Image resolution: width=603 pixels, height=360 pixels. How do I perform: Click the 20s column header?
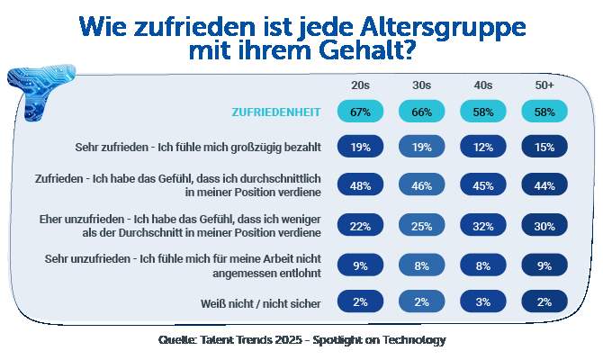tap(360, 85)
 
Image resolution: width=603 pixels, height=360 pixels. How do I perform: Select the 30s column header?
tap(421, 85)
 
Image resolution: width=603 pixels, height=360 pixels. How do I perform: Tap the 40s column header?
tap(482, 85)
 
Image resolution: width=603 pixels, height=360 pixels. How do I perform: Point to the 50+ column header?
tap(544, 85)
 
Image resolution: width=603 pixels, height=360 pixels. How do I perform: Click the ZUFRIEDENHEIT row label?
tap(276, 112)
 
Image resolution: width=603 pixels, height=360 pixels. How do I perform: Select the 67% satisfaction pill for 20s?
tap(360, 112)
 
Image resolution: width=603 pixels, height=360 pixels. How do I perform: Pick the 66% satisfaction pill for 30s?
tap(421, 112)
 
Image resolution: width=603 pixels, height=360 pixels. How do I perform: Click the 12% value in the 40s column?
tap(482, 147)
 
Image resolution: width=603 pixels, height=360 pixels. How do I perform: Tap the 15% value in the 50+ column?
tap(544, 147)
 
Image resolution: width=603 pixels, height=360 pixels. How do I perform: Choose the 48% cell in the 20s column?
tap(360, 185)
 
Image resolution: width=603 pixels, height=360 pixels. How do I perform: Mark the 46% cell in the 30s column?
tap(421, 185)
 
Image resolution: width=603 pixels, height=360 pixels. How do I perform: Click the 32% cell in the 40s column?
tap(482, 226)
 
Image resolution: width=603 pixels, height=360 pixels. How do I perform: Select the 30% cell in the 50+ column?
tap(544, 226)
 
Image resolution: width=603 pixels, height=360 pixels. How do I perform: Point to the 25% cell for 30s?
tap(421, 226)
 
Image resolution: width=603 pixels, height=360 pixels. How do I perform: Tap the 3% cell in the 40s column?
tap(482, 302)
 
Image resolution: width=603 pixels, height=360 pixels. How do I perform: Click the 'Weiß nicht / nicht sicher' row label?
tap(261, 303)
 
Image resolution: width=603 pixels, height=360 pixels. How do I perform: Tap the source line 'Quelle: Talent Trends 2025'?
tap(301, 340)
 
